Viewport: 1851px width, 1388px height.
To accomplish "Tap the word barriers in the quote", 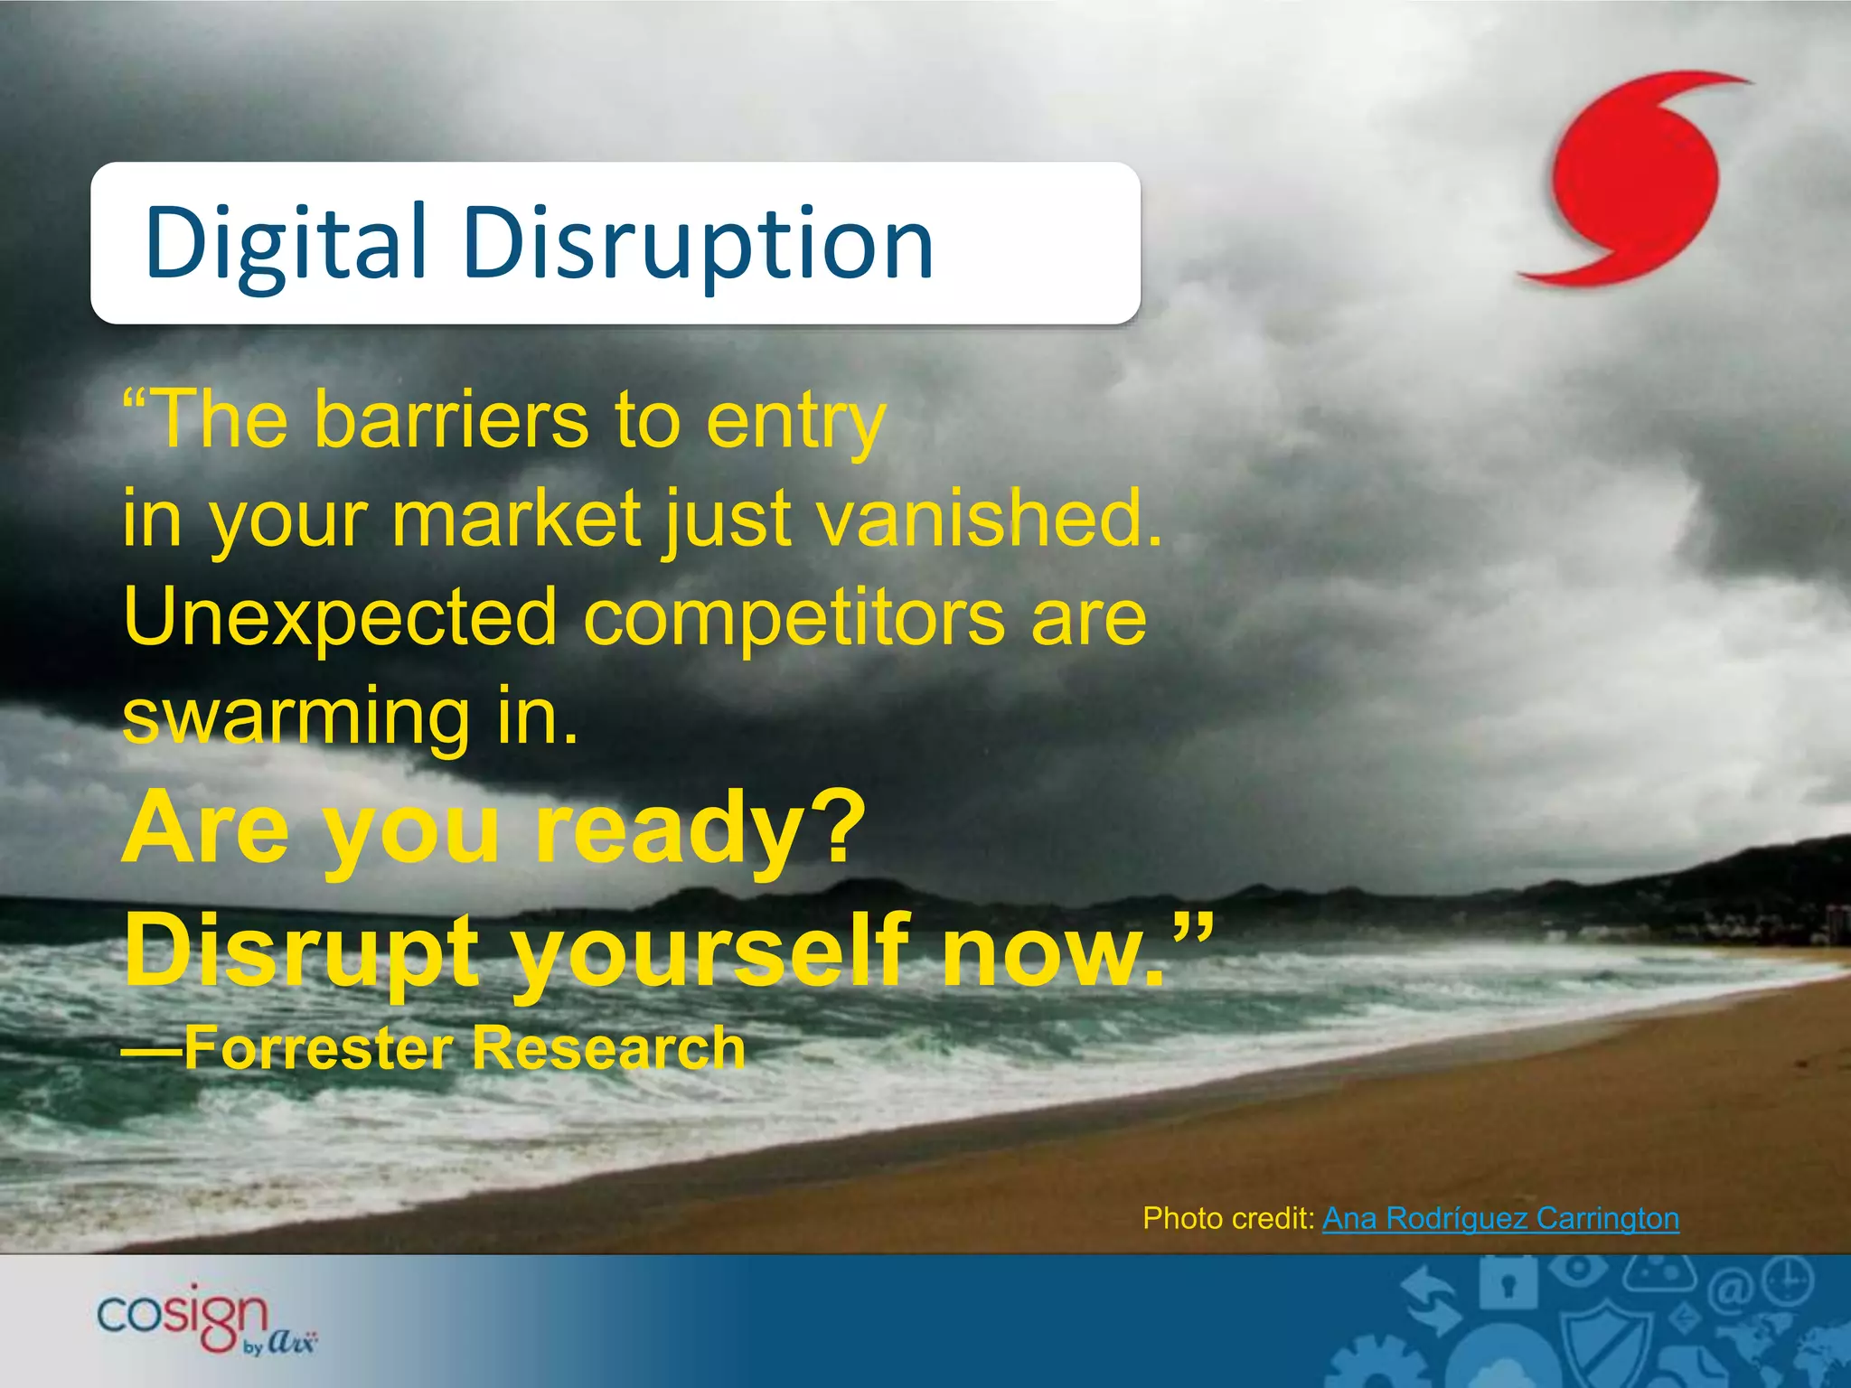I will coord(451,420).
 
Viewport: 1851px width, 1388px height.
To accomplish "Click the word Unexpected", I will coord(340,619).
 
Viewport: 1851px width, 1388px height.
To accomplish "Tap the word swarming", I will coord(296,718).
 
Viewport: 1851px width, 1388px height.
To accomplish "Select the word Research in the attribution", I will coord(608,1048).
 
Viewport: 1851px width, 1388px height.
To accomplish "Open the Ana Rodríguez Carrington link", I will coord(1500,1218).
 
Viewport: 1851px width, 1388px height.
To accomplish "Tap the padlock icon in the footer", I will coord(1507,1283).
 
